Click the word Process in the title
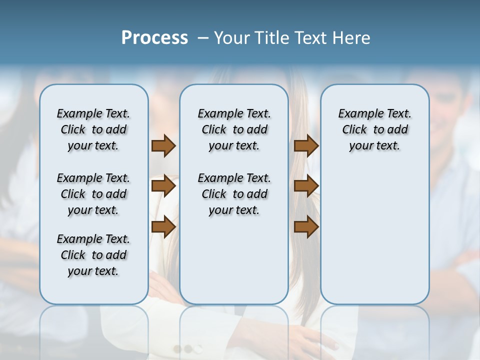coord(154,38)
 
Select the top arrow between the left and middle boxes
coord(163,145)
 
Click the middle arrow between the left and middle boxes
coord(163,186)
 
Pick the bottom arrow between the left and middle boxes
coord(163,227)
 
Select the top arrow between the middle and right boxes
coord(306,145)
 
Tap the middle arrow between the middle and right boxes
coord(306,186)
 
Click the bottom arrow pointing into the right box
coord(306,227)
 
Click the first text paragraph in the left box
coord(93,129)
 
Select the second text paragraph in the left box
coord(93,194)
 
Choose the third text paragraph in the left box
coord(93,255)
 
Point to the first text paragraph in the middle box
coord(234,129)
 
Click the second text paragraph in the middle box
coord(234,194)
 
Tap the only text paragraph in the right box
coord(374,129)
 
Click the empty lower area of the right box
coord(374,235)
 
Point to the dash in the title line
coord(203,38)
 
